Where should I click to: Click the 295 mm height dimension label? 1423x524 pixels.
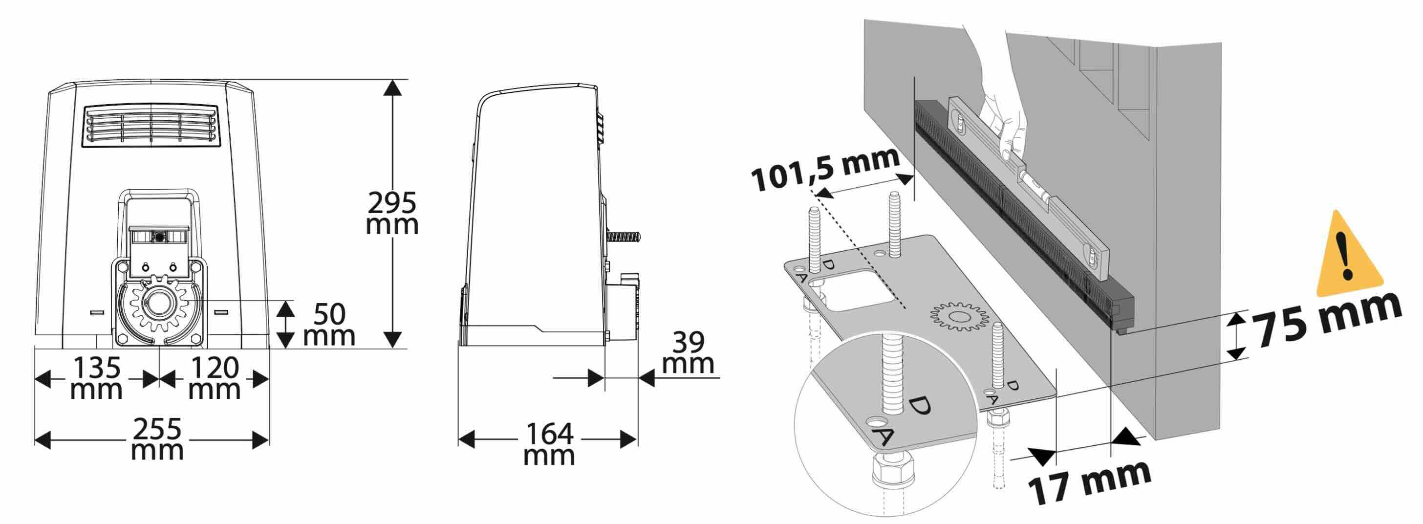click(x=392, y=213)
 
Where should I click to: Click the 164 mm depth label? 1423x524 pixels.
click(x=549, y=444)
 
